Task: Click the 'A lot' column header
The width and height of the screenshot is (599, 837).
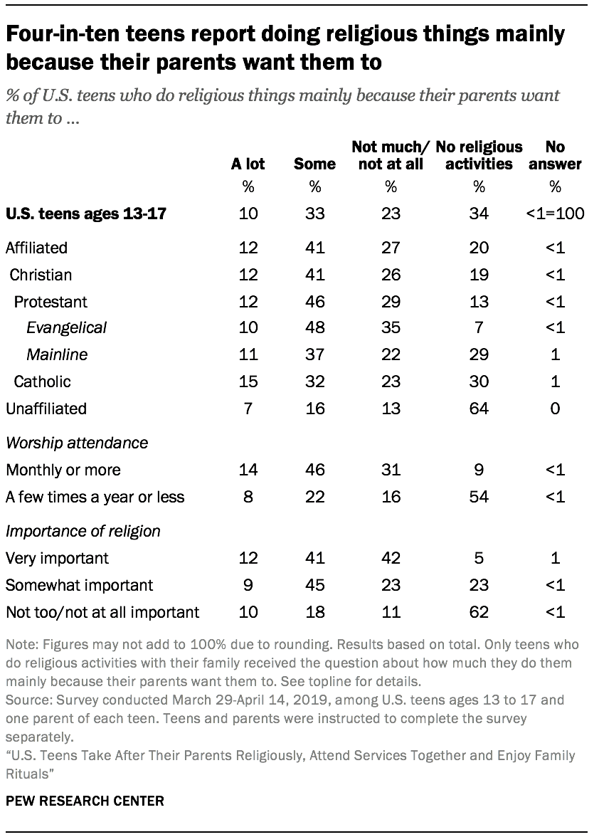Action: click(248, 164)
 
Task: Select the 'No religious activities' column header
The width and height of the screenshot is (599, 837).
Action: click(479, 156)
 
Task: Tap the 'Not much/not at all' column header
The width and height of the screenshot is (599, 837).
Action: click(391, 156)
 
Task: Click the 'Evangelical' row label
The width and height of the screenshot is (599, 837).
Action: click(67, 327)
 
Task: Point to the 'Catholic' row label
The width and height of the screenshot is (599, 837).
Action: click(43, 381)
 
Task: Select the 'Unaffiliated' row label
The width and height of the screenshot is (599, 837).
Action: click(46, 409)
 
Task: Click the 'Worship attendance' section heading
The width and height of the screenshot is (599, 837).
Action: click(77, 443)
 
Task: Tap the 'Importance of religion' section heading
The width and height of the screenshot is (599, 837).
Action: click(83, 531)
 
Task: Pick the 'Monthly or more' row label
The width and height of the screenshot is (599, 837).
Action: click(63, 470)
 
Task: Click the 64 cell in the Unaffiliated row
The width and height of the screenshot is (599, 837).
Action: click(479, 409)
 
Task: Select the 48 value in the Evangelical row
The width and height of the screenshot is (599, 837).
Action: click(314, 327)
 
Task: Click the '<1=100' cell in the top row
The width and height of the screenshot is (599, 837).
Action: click(556, 213)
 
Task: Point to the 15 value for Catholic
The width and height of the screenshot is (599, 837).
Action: click(248, 381)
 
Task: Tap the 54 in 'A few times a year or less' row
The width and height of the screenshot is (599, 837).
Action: click(479, 497)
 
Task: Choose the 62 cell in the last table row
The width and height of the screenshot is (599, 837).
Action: click(479, 612)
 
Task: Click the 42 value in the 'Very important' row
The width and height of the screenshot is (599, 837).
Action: click(391, 558)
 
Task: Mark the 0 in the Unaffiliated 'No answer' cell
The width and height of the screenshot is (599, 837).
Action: click(556, 409)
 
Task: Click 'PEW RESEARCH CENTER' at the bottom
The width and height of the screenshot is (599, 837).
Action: click(85, 801)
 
